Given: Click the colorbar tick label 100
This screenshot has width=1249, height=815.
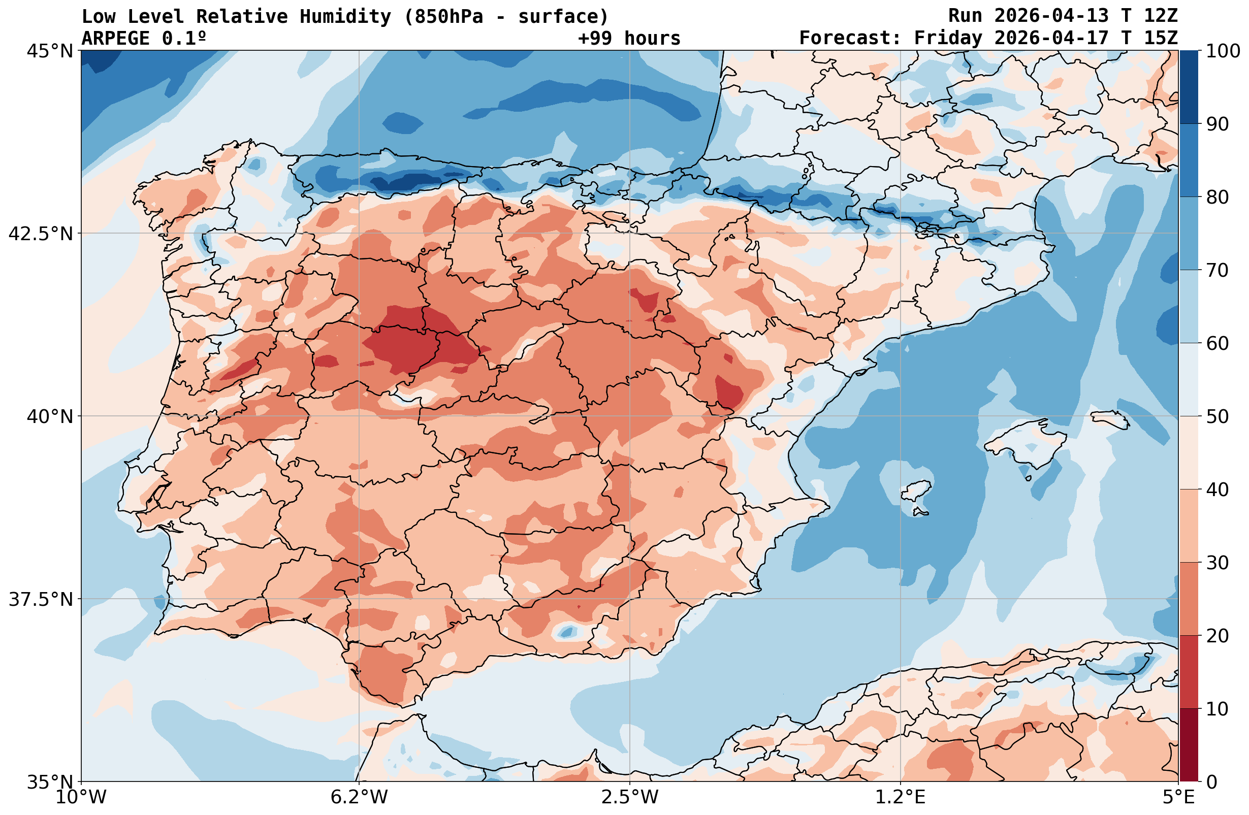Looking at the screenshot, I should (x=1223, y=51).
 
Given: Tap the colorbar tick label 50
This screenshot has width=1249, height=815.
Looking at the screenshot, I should (x=1218, y=417).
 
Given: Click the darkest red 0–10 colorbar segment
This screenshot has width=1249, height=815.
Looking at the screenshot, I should (x=1189, y=745).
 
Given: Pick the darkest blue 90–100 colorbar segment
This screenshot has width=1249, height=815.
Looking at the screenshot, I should (x=1189, y=87).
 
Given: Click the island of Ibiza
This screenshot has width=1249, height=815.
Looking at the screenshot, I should (x=915, y=493).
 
